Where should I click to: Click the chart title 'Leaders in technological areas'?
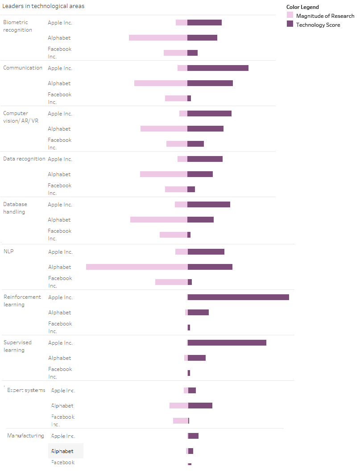(x=44, y=6)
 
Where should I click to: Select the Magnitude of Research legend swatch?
(x=290, y=16)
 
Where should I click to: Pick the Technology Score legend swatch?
(x=290, y=25)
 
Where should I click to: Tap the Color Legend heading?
(x=302, y=7)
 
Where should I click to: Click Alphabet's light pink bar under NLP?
(x=137, y=267)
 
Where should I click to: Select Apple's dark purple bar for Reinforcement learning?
(x=238, y=297)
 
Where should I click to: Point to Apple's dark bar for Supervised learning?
(x=227, y=343)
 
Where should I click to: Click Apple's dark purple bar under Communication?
(x=218, y=68)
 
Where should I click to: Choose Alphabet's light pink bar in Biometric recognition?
(x=158, y=38)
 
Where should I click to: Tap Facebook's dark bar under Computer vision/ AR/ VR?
(x=195, y=144)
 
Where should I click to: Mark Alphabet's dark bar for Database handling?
(x=200, y=220)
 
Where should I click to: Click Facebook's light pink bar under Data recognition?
(x=176, y=190)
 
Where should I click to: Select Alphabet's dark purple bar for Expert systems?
(x=200, y=406)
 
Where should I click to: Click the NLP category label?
(x=8, y=251)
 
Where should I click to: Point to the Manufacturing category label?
(x=25, y=436)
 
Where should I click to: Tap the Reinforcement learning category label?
(x=22, y=301)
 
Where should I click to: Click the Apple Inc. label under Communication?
(x=60, y=68)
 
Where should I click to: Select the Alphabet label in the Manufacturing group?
(x=62, y=451)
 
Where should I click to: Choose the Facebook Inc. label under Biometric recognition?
(x=59, y=53)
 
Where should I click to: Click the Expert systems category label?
(x=26, y=390)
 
